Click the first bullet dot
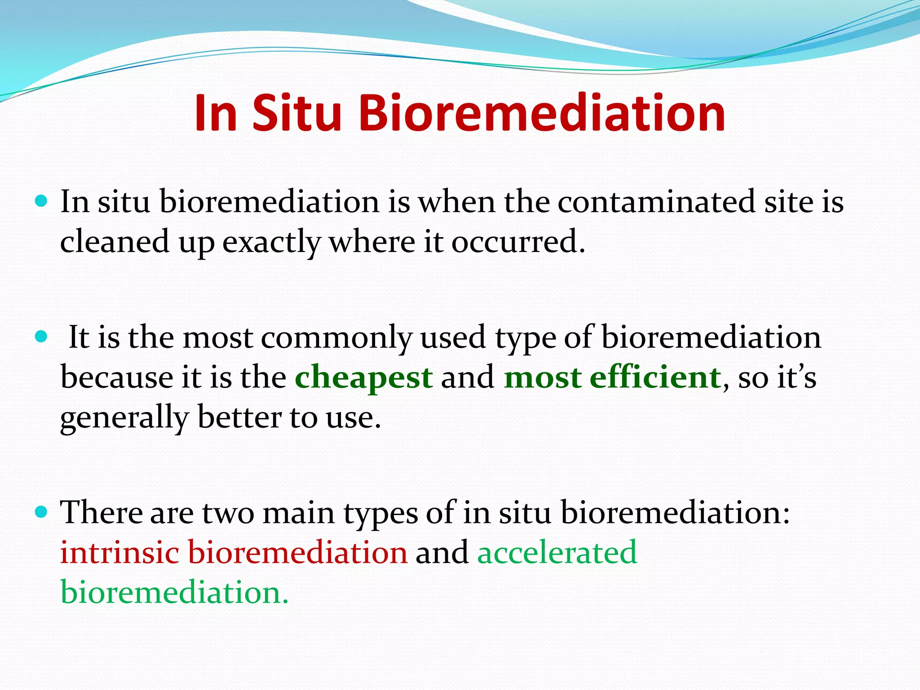(x=41, y=200)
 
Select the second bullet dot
(x=41, y=336)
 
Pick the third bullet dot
(x=41, y=512)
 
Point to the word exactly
(x=271, y=243)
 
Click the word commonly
(x=336, y=338)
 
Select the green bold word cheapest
(x=364, y=378)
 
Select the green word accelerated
(x=557, y=552)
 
